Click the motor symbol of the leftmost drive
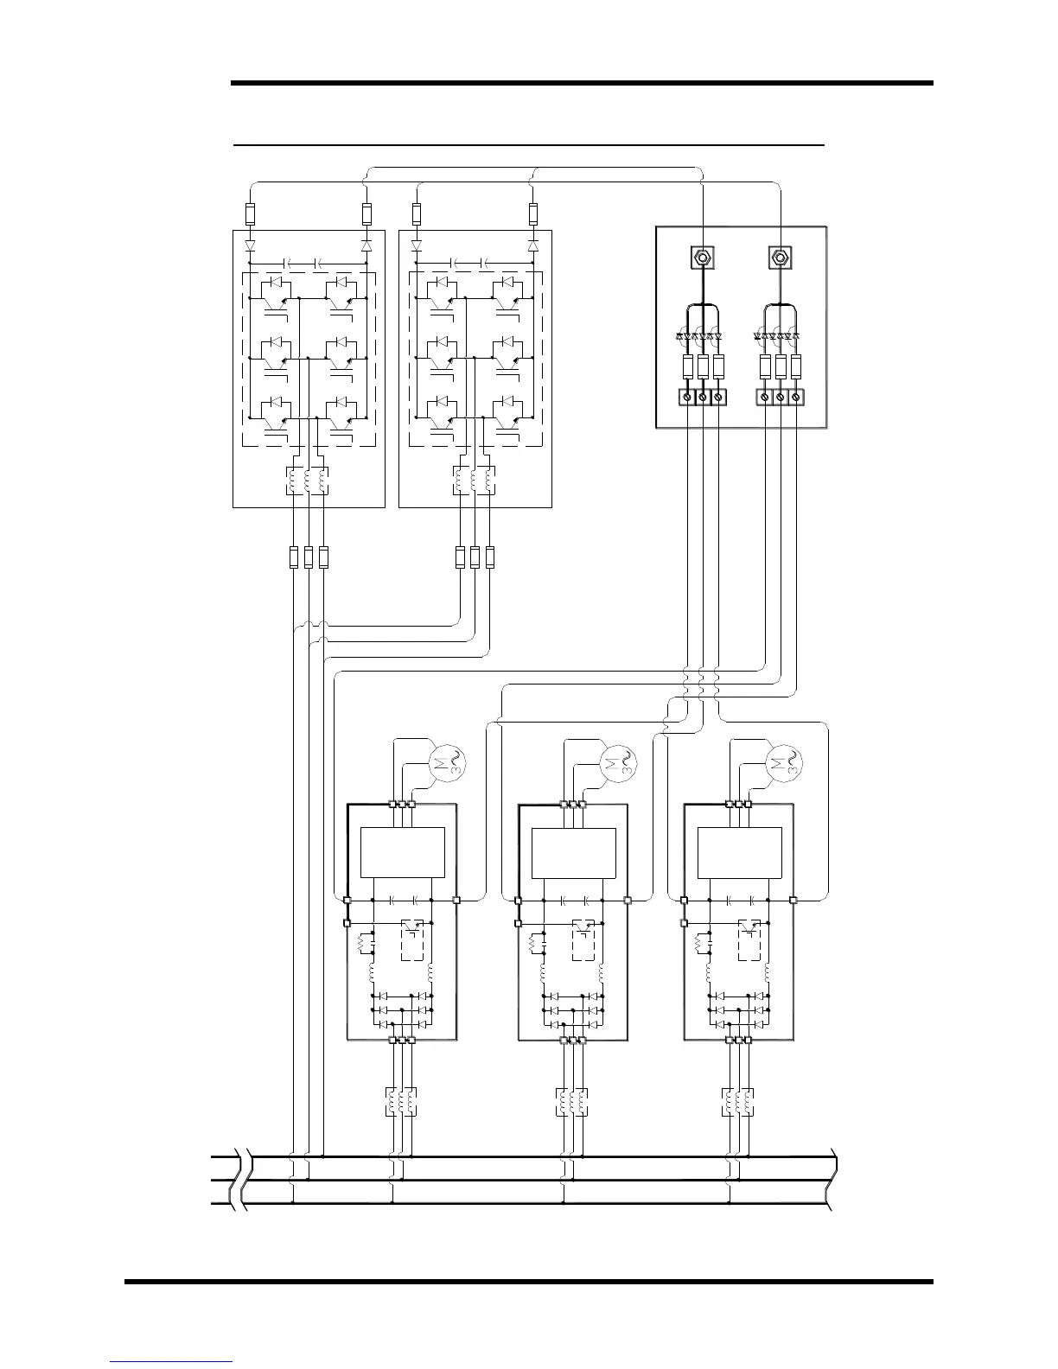pos(448,761)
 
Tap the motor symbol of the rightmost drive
pos(785,761)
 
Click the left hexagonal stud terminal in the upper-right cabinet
pos(702,257)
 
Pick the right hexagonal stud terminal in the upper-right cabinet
pos(781,257)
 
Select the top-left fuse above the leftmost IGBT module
pos(251,213)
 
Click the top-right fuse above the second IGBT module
pos(532,213)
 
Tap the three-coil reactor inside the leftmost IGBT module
pos(308,481)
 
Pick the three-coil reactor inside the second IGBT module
pos(475,481)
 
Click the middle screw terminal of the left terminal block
pos(703,397)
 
